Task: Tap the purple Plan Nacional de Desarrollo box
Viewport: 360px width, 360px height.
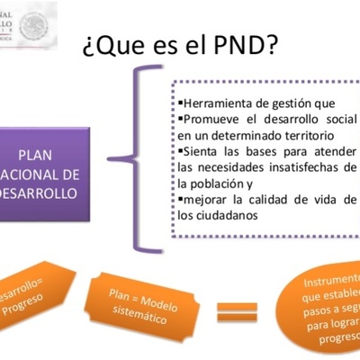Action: coord(45,174)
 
